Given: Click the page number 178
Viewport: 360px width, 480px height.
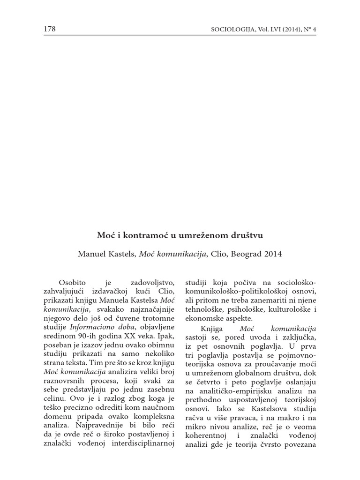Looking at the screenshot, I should (49, 30).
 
